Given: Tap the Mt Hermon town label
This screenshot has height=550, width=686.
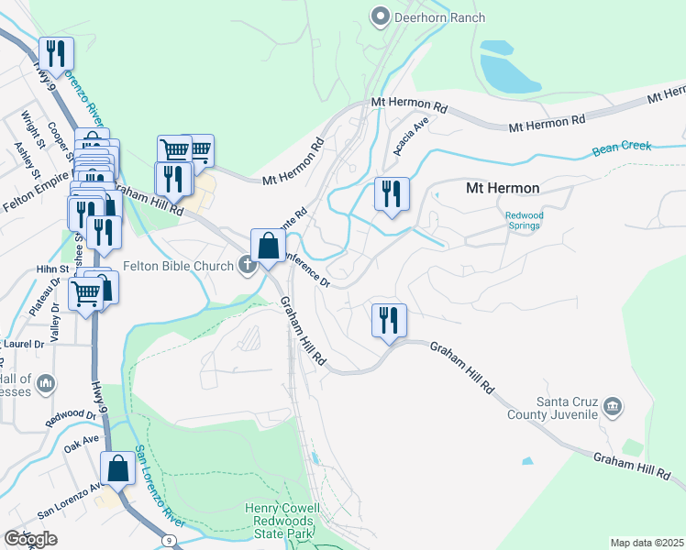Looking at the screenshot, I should coord(502,188).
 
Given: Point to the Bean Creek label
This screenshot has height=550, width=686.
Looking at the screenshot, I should coord(621,147).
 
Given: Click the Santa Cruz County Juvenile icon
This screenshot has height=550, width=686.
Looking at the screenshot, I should coord(612,405).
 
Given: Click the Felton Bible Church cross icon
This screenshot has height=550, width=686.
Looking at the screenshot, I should coord(246,266).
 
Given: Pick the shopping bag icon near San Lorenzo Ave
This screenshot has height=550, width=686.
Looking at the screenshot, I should coord(119,469).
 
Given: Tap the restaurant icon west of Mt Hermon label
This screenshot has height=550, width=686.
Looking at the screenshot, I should coord(392,194).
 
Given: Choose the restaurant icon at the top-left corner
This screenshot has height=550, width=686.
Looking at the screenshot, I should coord(57,55).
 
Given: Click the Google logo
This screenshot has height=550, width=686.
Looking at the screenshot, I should coord(30,538).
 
